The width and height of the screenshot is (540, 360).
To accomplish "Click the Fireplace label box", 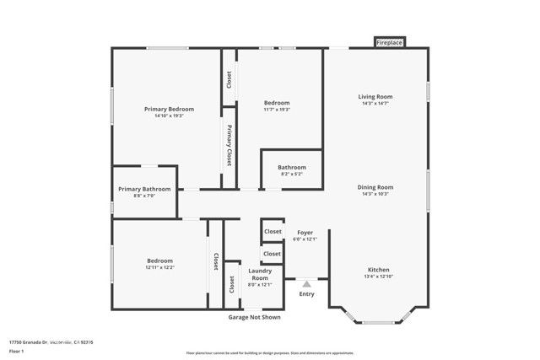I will pos(390,42).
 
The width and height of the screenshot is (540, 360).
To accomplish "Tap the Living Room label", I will pos(375,97).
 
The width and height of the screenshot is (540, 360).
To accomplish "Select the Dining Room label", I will pos(375,187).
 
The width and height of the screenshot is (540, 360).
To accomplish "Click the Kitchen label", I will pos(376,270).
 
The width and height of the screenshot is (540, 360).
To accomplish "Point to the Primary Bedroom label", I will pos(169,110).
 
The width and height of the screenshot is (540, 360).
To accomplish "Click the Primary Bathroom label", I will pos(144,189).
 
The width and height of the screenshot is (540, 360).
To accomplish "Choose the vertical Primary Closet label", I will pos(229,146).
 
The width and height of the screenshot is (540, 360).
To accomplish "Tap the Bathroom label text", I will pos(292,167).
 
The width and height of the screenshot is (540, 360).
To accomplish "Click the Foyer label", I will pos(304,232).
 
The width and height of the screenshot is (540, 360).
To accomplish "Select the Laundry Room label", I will pos(259,274).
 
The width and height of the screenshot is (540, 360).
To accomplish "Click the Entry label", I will pos(306,293).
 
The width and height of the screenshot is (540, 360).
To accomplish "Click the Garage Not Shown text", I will pos(254,317).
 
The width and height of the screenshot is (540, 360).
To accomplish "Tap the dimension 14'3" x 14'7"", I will pos(375,104).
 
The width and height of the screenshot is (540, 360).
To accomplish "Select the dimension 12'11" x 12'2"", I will pos(160,267).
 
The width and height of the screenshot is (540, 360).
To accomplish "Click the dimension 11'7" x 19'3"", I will pos(277,110).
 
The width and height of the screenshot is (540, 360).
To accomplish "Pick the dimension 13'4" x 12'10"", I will pos(376,277).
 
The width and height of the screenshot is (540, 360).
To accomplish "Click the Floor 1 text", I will pos(15,350).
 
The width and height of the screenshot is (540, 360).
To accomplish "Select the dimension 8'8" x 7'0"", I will pos(144,196).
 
